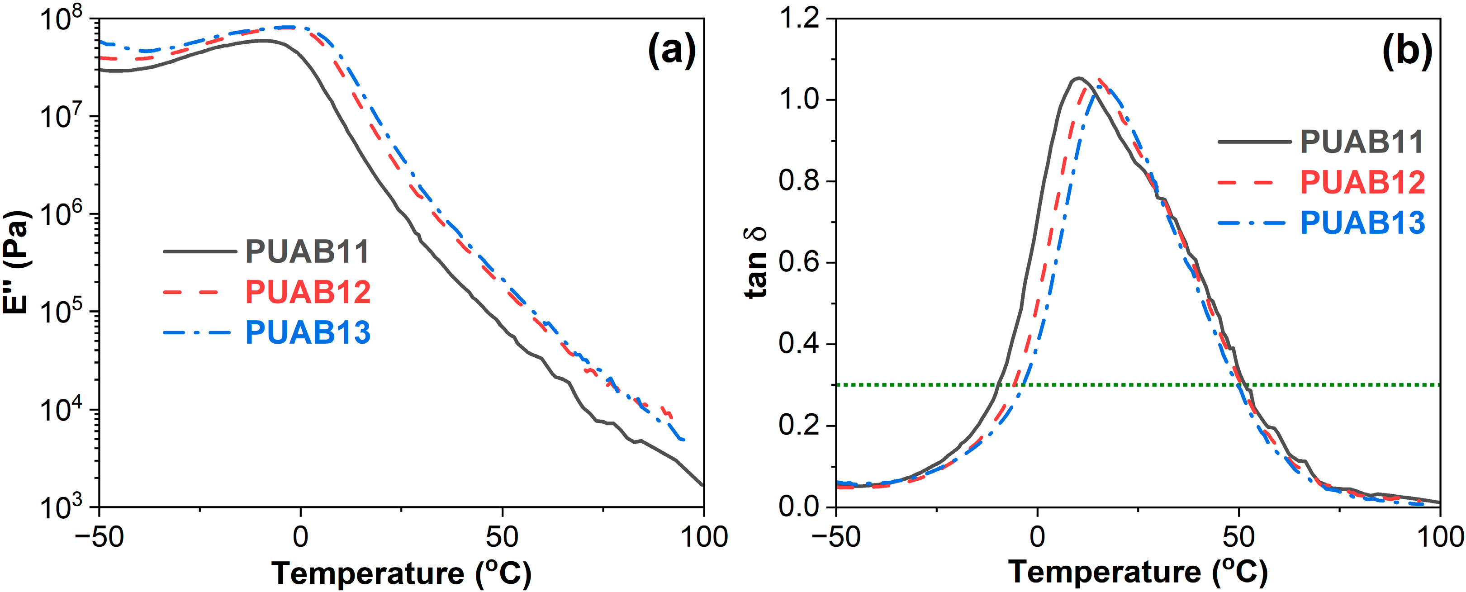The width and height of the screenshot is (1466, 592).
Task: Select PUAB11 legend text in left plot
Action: click(307, 251)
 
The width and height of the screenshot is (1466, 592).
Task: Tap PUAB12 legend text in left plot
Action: click(307, 292)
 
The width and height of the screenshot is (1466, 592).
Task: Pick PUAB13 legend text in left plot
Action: click(307, 332)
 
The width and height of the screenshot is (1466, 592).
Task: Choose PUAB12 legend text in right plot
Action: click(1362, 182)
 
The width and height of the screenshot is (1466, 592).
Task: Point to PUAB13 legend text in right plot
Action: click(1362, 223)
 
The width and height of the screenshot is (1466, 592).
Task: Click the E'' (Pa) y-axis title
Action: click(16, 262)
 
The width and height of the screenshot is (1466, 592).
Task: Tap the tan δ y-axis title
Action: click(756, 262)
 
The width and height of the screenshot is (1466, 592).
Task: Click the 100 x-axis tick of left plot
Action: click(704, 537)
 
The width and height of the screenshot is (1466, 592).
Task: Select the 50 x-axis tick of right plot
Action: click(1238, 537)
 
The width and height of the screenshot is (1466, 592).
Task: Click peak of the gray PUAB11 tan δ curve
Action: click(1078, 78)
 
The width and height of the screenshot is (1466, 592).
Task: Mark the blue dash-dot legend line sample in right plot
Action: click(1252, 223)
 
